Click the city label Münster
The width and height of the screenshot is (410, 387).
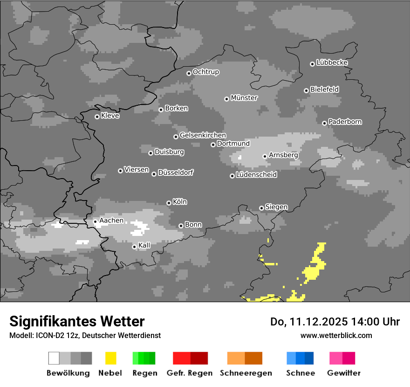pos(244,98)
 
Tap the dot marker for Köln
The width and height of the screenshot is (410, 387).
pos(169,203)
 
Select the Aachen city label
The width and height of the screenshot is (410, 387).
pos(111,221)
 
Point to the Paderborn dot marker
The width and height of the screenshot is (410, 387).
pos(324,123)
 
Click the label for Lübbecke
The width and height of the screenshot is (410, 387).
pos(332,62)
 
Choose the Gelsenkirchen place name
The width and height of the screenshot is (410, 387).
pos(203,135)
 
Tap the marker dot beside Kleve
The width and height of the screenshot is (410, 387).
pos(97,117)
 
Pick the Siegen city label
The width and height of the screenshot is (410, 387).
pos(276,207)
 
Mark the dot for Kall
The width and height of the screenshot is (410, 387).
pos(134,247)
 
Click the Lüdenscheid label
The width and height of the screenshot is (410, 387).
pos(256,175)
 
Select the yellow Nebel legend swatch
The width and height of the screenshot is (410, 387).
pos(110,358)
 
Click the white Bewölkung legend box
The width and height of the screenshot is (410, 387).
pos(54,358)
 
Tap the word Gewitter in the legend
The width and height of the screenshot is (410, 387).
pos(344,373)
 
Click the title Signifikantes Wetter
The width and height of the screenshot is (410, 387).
pos(77,321)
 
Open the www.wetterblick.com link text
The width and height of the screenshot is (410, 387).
pos(336,335)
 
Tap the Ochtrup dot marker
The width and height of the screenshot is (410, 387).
pos(189,73)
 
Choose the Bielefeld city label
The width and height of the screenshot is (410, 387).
pos(324,89)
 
